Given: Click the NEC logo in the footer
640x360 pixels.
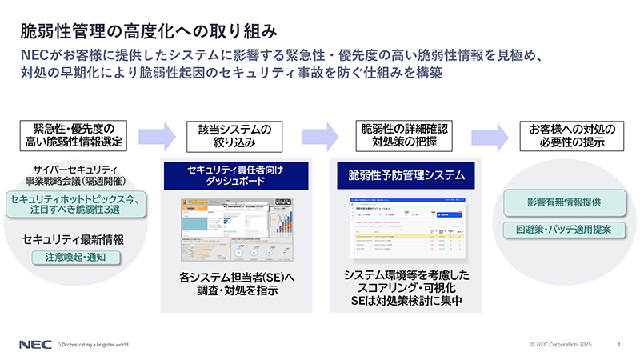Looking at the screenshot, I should click(x=36, y=344).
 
